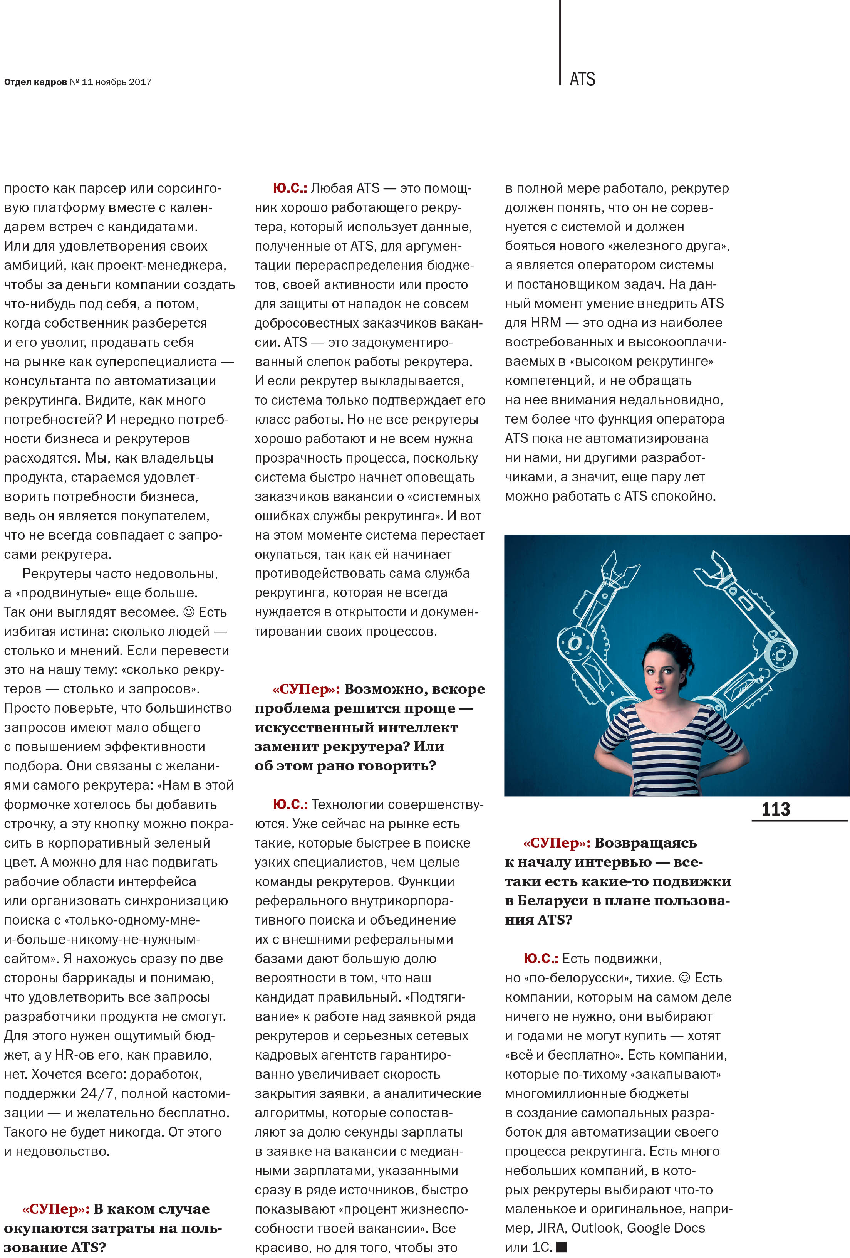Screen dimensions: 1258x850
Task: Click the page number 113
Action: click(775, 809)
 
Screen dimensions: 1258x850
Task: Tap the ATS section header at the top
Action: click(582, 79)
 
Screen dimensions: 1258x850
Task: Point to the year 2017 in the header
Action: click(140, 82)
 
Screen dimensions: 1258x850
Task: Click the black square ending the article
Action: click(562, 1247)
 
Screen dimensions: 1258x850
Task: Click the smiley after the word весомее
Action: click(189, 612)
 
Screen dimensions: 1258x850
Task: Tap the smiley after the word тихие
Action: click(684, 977)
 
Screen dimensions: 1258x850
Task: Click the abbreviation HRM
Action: click(546, 323)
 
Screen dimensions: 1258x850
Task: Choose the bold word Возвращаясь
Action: click(645, 843)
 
